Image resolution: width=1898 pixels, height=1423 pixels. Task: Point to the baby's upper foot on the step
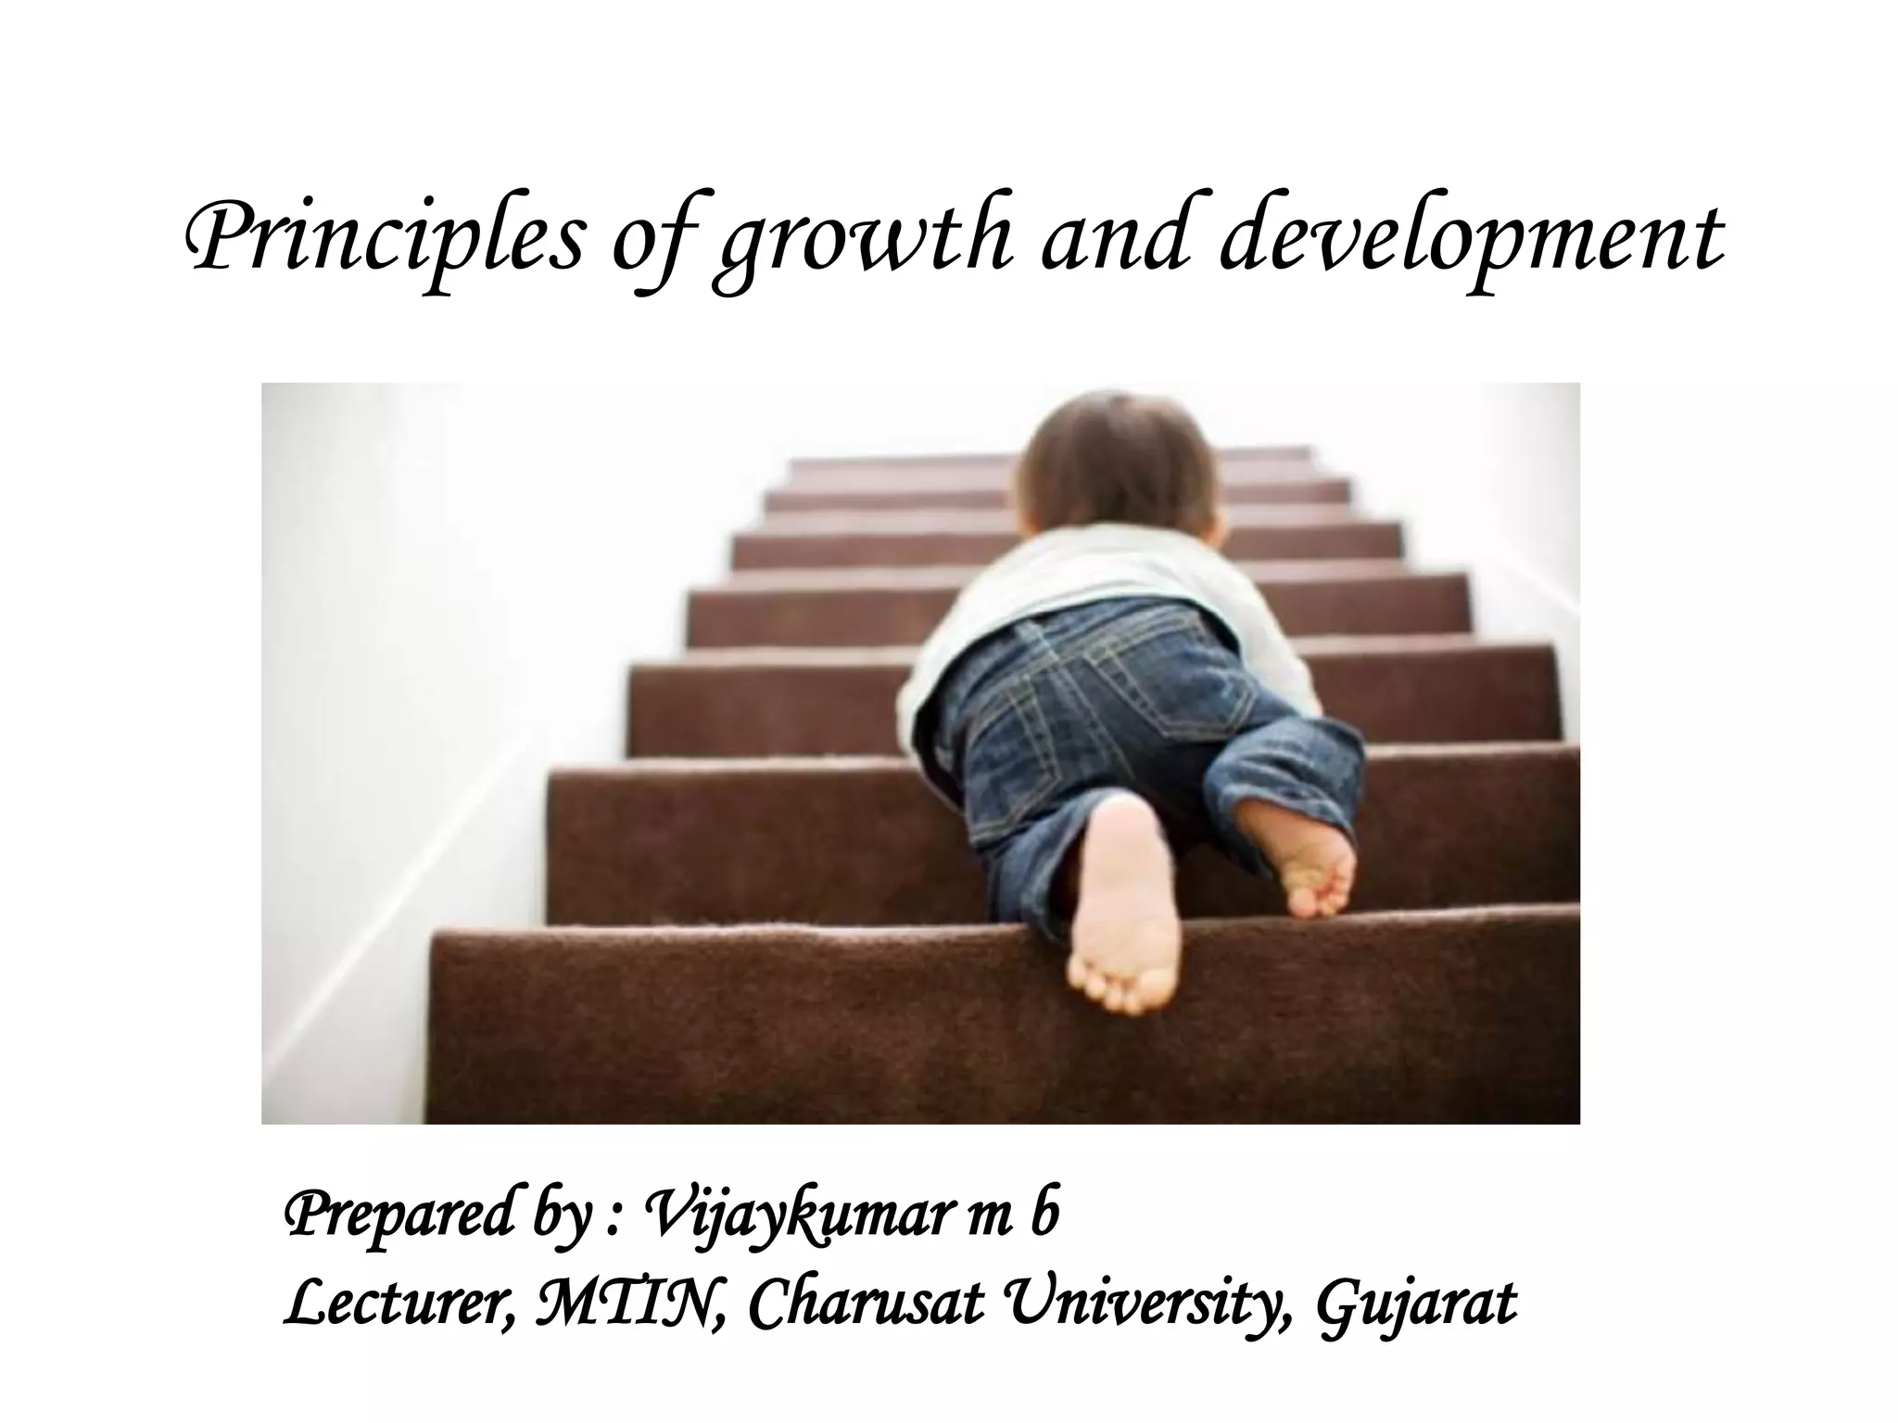[x=1302, y=857]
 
